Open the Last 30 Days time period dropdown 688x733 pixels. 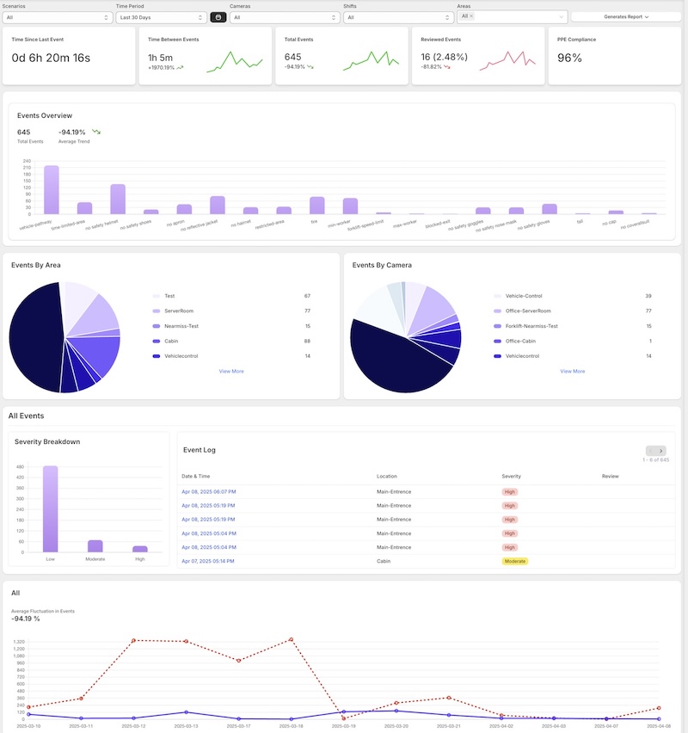tap(161, 16)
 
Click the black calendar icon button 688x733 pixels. tap(218, 16)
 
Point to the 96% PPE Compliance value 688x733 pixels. tap(570, 59)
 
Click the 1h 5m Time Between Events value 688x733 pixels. tap(161, 58)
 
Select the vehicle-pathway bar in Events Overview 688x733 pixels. tap(52, 189)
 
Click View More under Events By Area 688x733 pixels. tap(231, 371)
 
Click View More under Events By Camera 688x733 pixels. tap(572, 371)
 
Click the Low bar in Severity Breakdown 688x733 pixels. tap(50, 508)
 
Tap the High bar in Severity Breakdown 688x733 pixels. tap(139, 548)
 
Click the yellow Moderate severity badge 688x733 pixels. tap(515, 560)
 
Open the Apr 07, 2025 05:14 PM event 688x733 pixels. tap(208, 560)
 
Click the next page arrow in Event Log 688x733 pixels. tap(660, 450)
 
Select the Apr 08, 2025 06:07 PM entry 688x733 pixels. tap(208, 491)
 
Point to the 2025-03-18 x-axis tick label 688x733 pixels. tap(292, 725)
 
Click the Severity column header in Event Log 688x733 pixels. tap(511, 475)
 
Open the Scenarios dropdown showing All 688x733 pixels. tap(57, 16)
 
